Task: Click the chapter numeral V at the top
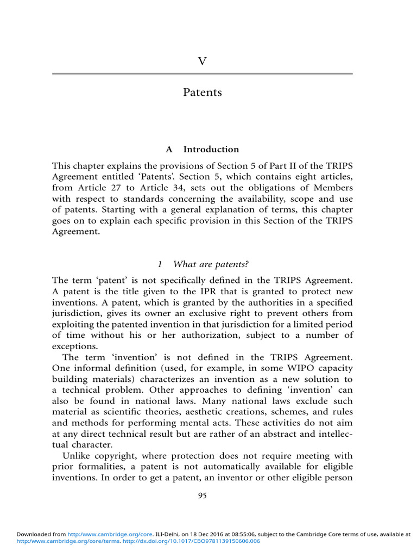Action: point(202,61)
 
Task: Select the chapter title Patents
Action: point(202,92)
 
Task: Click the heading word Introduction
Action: point(211,149)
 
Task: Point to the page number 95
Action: point(202,496)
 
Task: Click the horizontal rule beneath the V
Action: point(202,73)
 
